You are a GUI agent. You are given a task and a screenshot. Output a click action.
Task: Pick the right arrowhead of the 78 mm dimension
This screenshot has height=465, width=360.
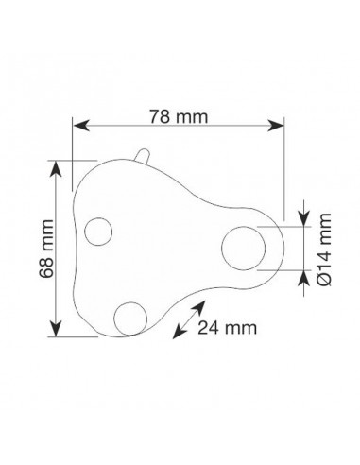(278, 126)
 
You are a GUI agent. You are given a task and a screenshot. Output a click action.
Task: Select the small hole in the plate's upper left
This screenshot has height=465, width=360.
(98, 230)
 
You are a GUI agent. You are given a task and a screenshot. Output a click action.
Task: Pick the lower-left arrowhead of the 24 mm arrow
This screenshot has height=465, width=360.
(177, 332)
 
